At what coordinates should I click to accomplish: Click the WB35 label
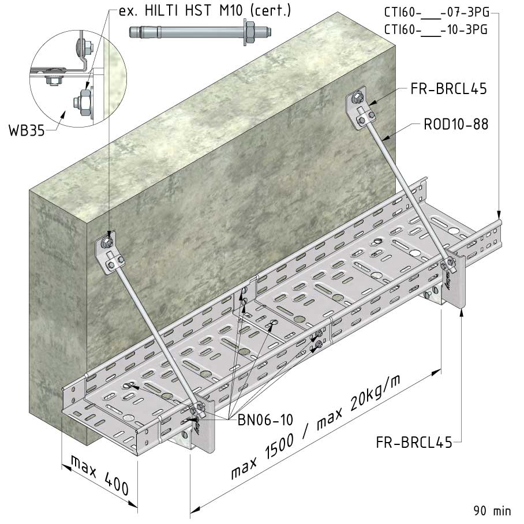[x=27, y=130]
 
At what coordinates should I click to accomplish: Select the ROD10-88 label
[x=456, y=124]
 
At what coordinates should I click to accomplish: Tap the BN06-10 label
[x=265, y=420]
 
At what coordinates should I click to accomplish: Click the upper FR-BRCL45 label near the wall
[x=448, y=89]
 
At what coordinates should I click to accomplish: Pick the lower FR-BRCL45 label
[x=414, y=443]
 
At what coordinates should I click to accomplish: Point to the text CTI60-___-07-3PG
[x=436, y=12]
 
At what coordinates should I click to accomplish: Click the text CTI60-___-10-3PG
[x=436, y=29]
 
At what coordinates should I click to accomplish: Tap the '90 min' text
[x=492, y=511]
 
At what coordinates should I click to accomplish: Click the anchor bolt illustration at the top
[x=200, y=32]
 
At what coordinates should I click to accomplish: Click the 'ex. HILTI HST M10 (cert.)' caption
[x=205, y=10]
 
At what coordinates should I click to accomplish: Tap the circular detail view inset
[x=78, y=78]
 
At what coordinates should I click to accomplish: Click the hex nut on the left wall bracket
[x=107, y=242]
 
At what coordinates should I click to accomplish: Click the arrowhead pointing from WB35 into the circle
[x=63, y=115]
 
